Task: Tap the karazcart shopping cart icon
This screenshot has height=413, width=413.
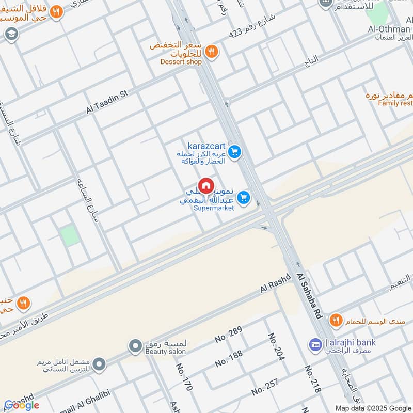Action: (x=235, y=152)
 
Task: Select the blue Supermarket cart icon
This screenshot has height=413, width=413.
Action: (x=244, y=197)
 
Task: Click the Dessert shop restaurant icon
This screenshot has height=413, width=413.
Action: (x=211, y=51)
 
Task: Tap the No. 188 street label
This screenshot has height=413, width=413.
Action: (x=229, y=358)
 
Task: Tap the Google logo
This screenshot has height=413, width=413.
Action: (x=22, y=405)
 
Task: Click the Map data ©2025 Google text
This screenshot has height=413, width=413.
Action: (x=373, y=408)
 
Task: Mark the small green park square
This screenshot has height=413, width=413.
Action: (x=70, y=236)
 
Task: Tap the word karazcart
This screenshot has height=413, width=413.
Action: (x=206, y=146)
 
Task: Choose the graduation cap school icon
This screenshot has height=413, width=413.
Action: (x=10, y=34)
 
